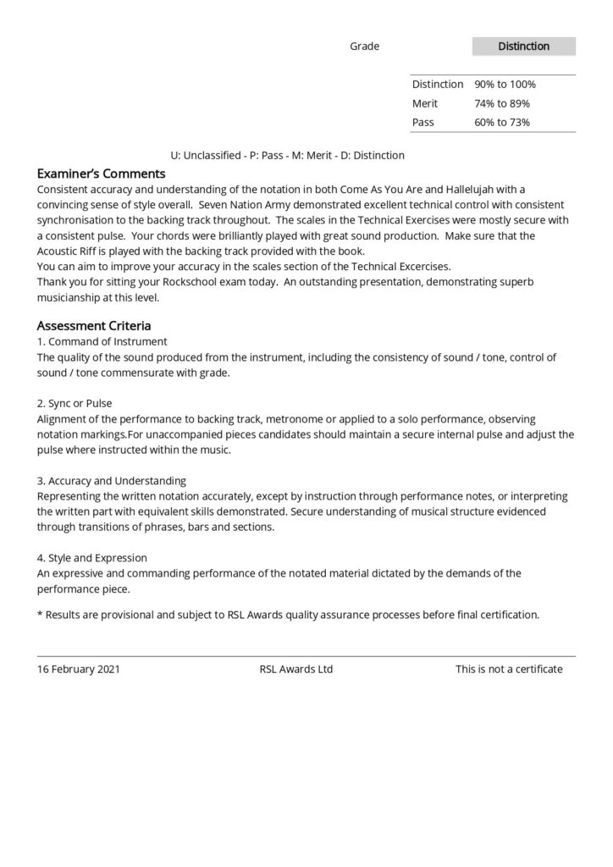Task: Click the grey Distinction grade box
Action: point(523,47)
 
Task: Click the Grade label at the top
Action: point(364,47)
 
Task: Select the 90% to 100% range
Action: point(505,85)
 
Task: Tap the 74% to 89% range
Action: point(502,103)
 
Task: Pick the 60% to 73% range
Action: point(502,123)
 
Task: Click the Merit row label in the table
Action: point(424,103)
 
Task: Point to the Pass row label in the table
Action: point(422,123)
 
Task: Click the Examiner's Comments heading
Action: point(101,174)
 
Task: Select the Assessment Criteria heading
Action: point(94,326)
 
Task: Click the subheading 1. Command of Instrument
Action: point(102,342)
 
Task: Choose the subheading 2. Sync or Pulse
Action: point(75,404)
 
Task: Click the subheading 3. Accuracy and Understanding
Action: point(111,481)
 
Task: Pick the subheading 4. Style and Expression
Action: point(91,558)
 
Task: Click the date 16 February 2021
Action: point(79,669)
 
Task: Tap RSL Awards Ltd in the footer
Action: point(296,669)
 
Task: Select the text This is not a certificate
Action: point(509,669)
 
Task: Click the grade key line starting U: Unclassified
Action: point(288,156)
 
